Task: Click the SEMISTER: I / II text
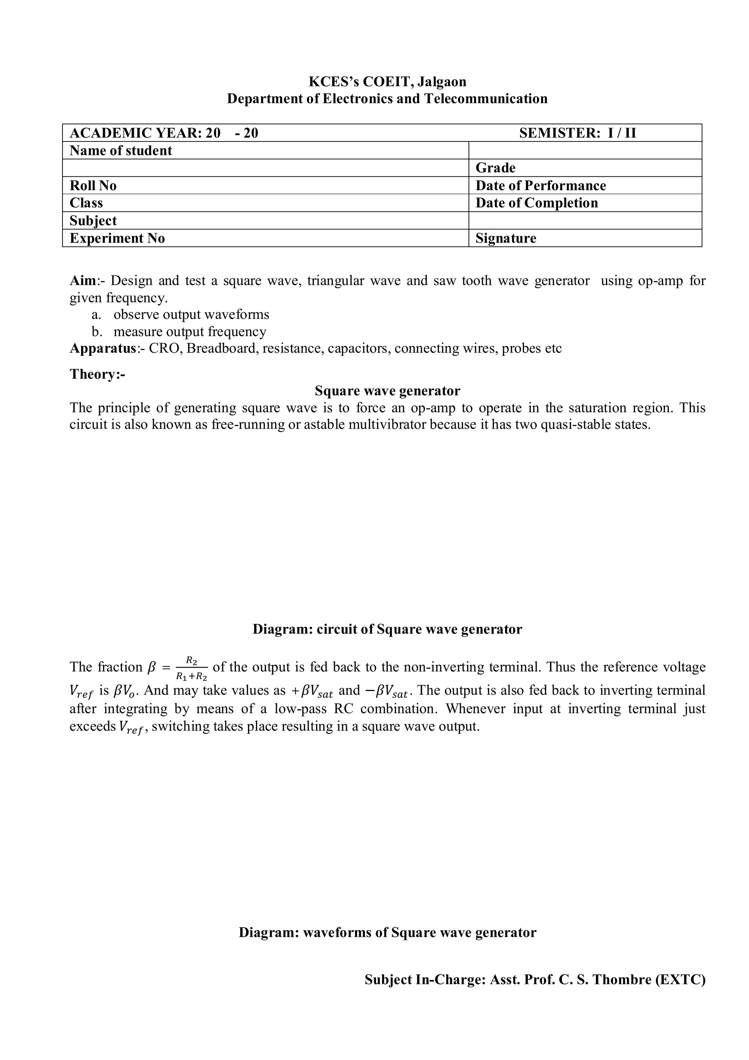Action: (577, 133)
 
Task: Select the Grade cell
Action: (495, 168)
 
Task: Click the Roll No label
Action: (93, 185)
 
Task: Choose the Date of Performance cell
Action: (541, 185)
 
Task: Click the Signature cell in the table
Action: (506, 238)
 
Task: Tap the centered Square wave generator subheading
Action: (387, 391)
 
